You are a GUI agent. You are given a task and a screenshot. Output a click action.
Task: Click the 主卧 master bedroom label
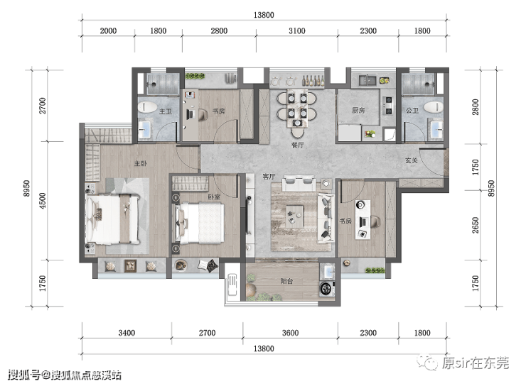point(141,163)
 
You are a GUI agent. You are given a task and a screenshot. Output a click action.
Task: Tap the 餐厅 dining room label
point(297,145)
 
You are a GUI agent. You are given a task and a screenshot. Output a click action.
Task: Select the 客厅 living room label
point(269,177)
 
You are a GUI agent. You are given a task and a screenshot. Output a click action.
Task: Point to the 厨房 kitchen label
point(358,110)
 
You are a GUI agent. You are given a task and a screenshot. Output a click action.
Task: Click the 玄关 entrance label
point(412,160)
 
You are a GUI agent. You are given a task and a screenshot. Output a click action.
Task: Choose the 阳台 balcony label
point(286,281)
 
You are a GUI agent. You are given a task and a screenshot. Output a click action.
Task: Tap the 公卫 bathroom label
point(412,111)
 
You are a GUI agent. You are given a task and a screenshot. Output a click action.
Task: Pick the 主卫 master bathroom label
point(166,111)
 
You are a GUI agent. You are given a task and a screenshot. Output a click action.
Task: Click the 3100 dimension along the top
point(297,31)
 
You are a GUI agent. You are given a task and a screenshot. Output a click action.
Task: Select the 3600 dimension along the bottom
point(290,333)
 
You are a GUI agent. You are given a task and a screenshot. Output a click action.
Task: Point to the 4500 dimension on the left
point(43,201)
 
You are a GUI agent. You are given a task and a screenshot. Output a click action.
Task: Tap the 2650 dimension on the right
point(476,226)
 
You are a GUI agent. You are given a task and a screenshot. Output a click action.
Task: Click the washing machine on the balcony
point(326,289)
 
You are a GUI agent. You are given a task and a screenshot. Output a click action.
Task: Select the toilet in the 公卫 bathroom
point(434,107)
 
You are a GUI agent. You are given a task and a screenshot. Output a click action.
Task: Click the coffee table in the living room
point(294,216)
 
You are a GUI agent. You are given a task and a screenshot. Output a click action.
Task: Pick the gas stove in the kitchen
point(388,106)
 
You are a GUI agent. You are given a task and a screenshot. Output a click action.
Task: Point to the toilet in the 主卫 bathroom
point(147,107)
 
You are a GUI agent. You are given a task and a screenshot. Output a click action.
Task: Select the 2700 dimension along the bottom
point(207,333)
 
